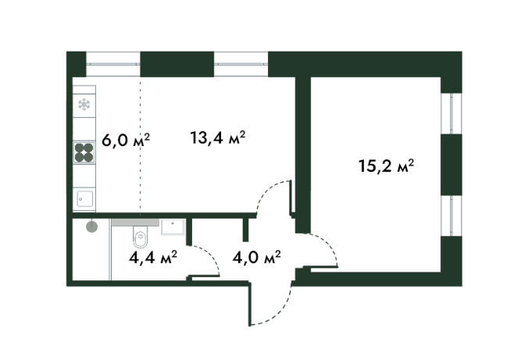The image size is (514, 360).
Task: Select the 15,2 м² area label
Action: click(x=385, y=166)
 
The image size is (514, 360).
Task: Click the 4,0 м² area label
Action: click(x=257, y=256)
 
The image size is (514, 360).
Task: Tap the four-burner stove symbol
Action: click(x=84, y=153)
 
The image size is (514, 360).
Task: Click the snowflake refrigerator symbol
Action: click(x=84, y=105)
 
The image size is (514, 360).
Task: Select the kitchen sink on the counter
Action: click(x=84, y=198)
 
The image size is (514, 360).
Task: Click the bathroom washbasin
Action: click(x=172, y=228)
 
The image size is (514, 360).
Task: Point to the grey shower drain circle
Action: click(x=92, y=227)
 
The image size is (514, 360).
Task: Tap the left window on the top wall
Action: click(x=113, y=63)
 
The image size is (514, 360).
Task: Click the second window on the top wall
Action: click(x=241, y=63)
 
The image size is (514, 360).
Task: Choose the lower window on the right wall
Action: click(x=452, y=216)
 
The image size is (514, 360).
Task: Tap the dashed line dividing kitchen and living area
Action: click(x=140, y=148)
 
